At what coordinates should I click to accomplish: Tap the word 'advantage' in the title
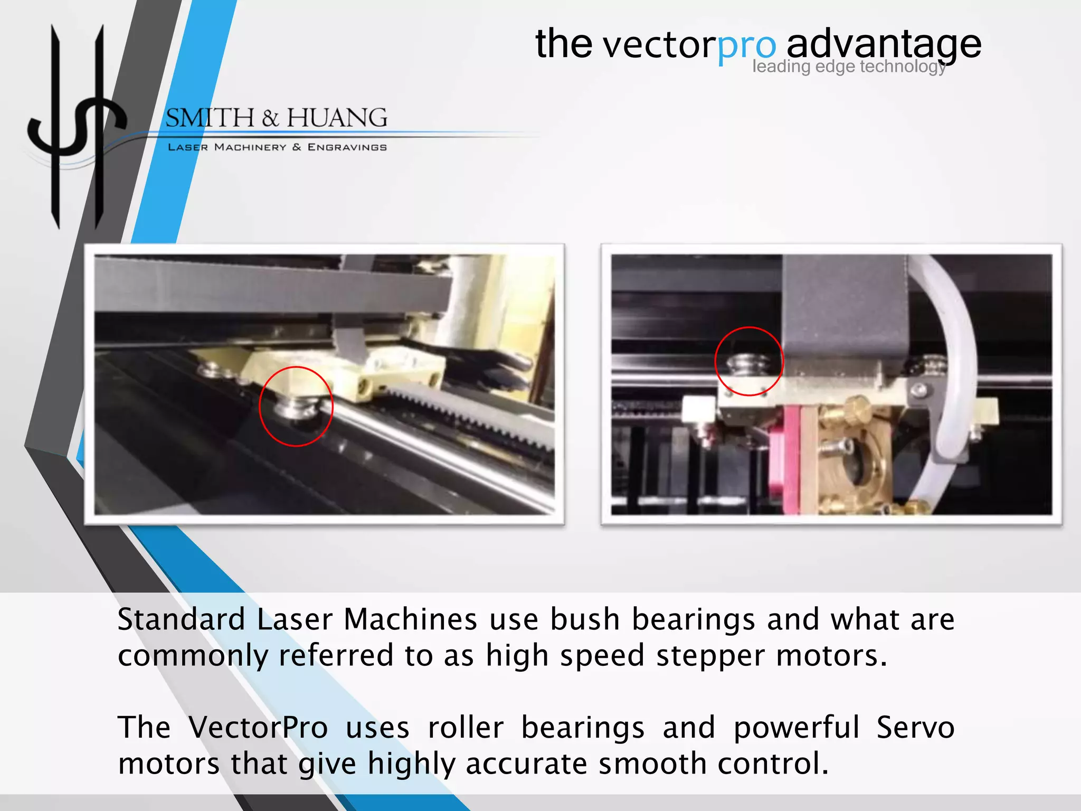884,44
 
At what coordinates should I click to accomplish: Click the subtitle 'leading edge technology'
849,67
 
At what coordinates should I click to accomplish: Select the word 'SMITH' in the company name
210,118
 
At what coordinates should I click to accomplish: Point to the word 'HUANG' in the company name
337,118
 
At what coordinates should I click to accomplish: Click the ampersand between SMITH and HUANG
270,118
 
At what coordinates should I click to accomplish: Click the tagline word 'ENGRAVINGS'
347,147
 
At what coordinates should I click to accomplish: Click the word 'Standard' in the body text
181,619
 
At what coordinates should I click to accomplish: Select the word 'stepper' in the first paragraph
710,656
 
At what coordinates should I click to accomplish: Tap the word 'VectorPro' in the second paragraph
258,728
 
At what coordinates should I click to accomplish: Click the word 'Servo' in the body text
915,728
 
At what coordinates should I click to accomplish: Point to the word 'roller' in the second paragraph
466,728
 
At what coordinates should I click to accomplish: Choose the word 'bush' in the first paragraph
584,619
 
